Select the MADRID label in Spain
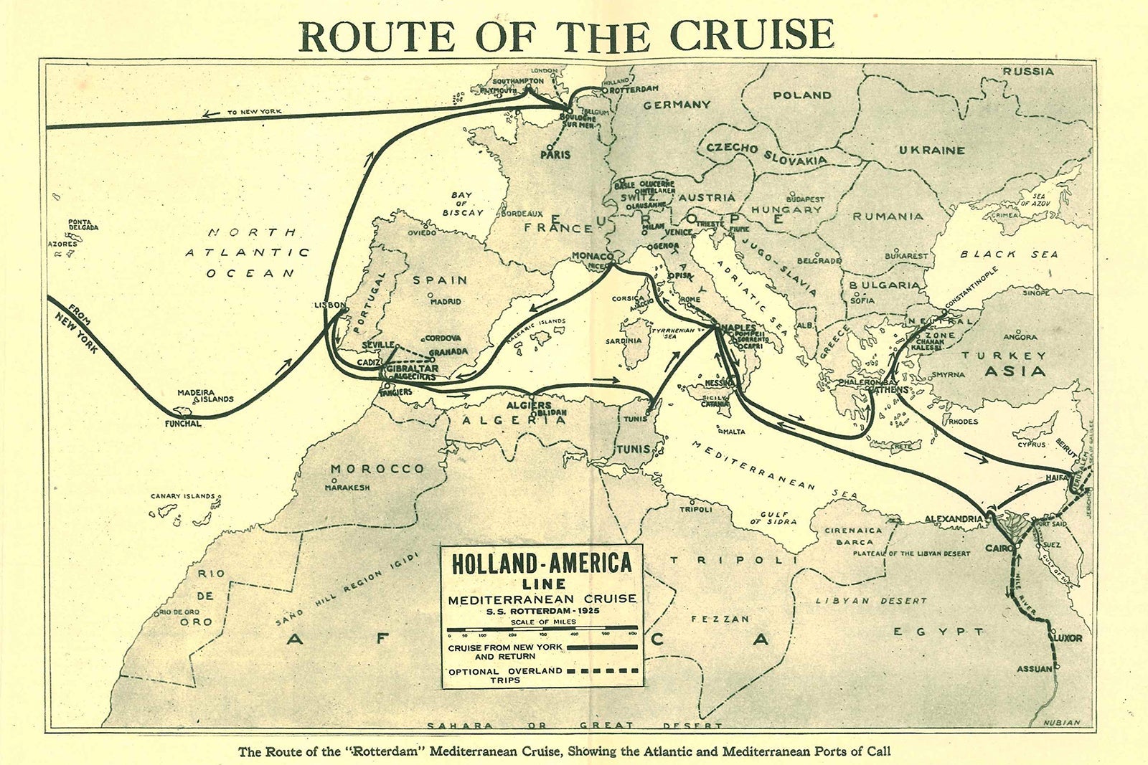445,302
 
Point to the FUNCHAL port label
183,424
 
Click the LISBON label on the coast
330,305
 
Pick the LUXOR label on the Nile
1068,637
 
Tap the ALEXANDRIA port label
953,518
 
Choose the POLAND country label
802,95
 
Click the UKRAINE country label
931,151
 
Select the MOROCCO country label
377,469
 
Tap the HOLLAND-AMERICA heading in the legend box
542,564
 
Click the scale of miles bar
542,634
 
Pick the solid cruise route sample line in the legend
602,647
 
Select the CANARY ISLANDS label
182,496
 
